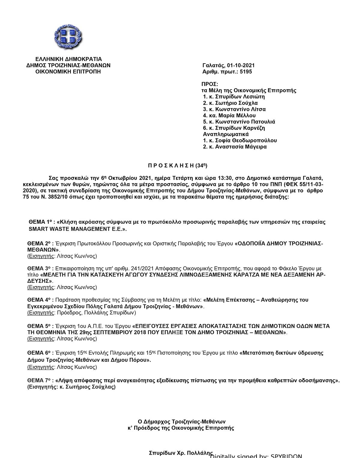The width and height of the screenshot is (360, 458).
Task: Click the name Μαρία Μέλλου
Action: click(237, 115)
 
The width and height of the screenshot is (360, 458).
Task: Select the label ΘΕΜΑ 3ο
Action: click(39, 268)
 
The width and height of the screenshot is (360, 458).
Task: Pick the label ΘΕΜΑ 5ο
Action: click(39, 326)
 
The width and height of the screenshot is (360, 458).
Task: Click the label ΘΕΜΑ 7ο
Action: click(39, 381)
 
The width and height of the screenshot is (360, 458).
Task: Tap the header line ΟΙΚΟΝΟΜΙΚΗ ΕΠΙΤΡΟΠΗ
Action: click(68, 72)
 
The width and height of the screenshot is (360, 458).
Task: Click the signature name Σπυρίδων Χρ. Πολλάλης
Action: click(181, 453)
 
